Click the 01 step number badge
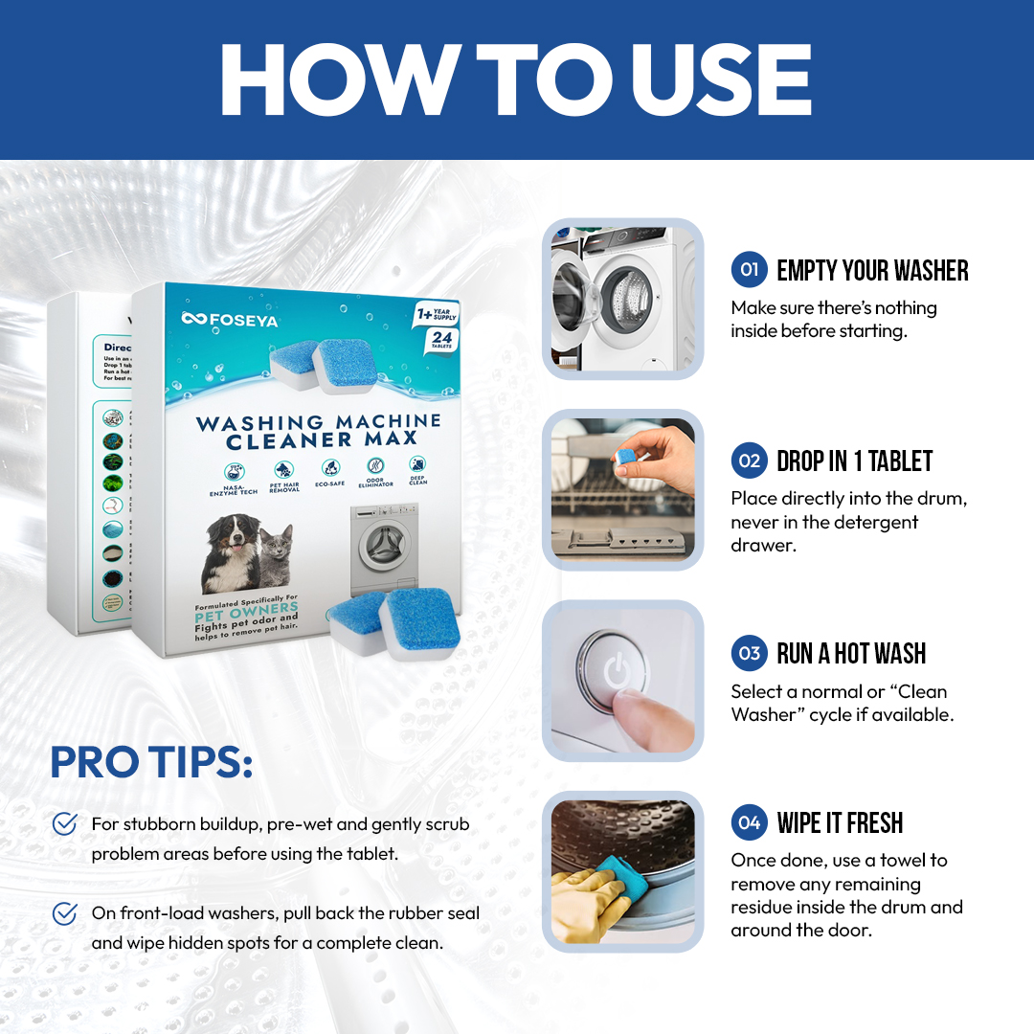(x=750, y=270)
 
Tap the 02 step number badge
(x=750, y=461)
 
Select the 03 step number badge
(x=750, y=654)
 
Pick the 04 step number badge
(x=750, y=822)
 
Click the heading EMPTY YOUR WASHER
(x=872, y=271)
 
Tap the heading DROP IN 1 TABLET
(x=854, y=461)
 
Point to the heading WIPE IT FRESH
(x=840, y=823)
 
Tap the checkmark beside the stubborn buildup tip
(x=65, y=823)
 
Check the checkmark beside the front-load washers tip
(x=65, y=913)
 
